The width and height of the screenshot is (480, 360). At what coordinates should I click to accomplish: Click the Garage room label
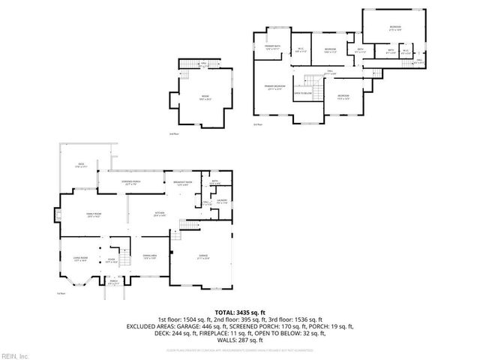(x=202, y=256)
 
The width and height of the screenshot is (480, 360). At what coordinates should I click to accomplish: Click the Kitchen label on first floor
(x=160, y=214)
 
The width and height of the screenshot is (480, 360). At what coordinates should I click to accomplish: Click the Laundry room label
(x=222, y=201)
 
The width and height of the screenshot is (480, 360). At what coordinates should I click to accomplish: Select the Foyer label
(x=110, y=261)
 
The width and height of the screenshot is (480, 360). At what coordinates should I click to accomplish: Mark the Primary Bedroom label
(x=274, y=88)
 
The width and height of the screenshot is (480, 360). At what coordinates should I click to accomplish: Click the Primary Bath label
(x=272, y=48)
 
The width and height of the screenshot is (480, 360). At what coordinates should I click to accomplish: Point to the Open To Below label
(x=302, y=94)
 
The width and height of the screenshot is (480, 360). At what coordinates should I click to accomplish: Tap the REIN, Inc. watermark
(x=15, y=355)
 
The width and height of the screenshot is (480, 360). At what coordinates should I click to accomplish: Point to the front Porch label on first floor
(x=112, y=283)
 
